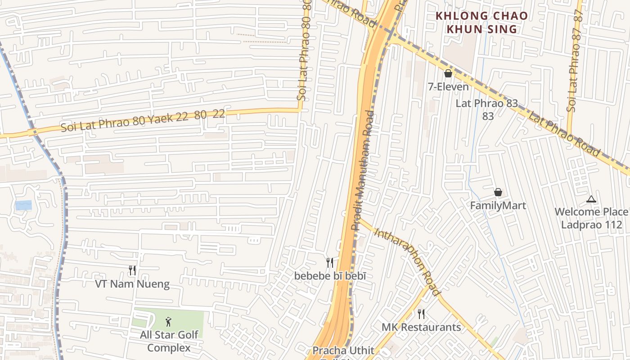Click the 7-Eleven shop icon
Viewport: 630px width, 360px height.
click(448, 73)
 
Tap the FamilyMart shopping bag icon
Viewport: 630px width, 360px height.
click(498, 192)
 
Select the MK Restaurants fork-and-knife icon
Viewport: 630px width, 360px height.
click(421, 314)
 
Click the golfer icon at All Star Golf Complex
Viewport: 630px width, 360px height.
click(168, 322)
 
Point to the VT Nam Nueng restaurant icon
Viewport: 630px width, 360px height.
click(132, 270)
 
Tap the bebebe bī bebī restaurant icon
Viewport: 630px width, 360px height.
click(330, 262)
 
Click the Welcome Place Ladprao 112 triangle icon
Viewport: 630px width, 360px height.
click(591, 199)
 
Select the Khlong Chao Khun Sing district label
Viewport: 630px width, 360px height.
click(481, 22)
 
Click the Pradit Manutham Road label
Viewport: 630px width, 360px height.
click(363, 171)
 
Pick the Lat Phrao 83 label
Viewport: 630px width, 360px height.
click(487, 103)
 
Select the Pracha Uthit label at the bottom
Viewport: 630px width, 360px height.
click(343, 350)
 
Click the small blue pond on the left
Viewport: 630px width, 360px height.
click(23, 205)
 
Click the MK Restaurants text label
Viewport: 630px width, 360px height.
click(421, 327)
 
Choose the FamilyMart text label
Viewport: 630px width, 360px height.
click(498, 206)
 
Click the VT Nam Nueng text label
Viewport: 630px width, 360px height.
click(132, 284)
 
